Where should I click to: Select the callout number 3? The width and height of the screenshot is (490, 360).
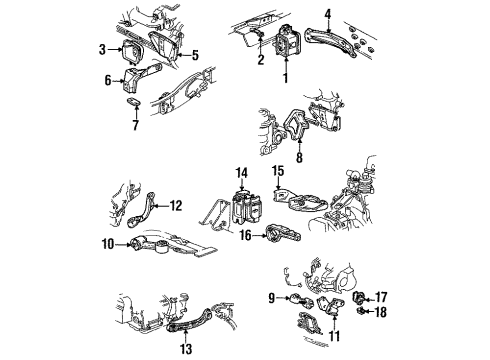101,49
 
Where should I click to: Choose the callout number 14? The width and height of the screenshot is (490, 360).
240,173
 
